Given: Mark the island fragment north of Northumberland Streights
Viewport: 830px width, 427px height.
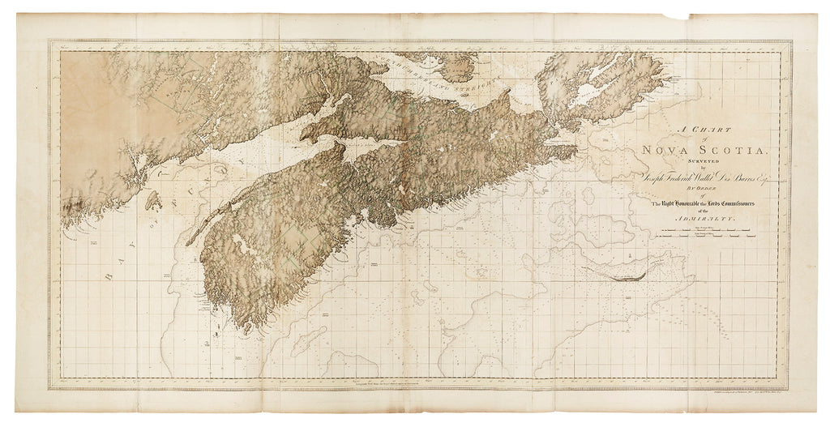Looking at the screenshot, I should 450,63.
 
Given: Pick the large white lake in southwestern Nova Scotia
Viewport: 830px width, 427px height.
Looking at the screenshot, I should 240,242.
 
